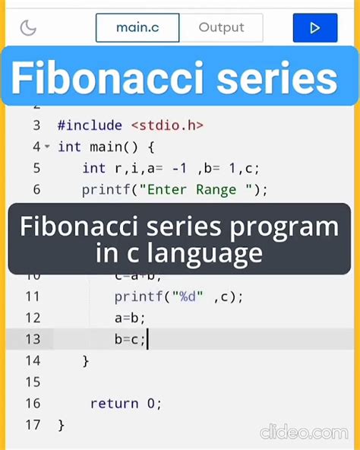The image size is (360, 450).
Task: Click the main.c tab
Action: [x=137, y=28]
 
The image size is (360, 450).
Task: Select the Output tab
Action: [x=221, y=28]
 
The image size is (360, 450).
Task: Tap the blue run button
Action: [x=314, y=28]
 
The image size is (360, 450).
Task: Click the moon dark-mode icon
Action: [x=28, y=29]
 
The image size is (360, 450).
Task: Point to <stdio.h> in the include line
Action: [x=167, y=125]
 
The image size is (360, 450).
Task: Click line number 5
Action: [x=36, y=168]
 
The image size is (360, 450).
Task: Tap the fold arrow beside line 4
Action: [x=47, y=147]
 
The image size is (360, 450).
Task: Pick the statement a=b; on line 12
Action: [x=130, y=318]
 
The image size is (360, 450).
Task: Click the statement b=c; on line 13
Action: [x=130, y=340]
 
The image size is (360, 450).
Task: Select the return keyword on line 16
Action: [x=114, y=404]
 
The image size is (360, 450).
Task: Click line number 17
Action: [x=32, y=424]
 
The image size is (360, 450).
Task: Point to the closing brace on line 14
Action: [x=86, y=361]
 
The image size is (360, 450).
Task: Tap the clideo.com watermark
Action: [x=304, y=432]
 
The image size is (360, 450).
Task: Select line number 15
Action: [x=32, y=382]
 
